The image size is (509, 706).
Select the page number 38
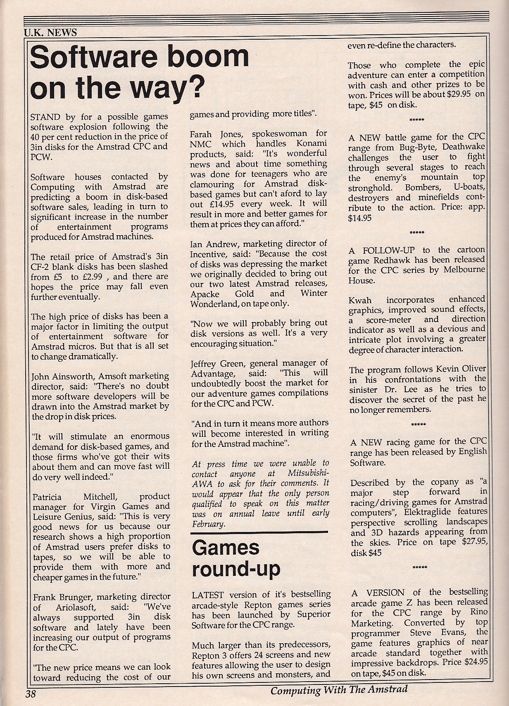(31, 693)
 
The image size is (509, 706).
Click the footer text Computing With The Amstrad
(339, 689)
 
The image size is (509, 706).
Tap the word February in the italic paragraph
(208, 524)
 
